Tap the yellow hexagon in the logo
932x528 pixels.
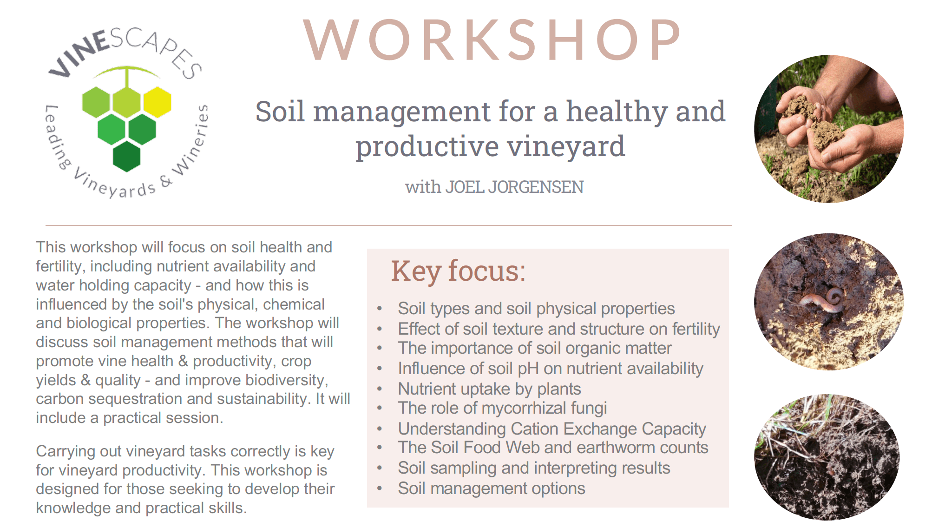[158, 102]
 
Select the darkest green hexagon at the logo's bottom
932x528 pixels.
[127, 156]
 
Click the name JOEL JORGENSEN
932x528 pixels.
[515, 187]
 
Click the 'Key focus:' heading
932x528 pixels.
[458, 271]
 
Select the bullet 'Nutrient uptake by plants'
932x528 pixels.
[490, 389]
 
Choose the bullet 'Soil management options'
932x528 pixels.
[492, 488]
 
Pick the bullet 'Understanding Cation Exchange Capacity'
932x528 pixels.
[552, 429]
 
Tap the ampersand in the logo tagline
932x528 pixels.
[166, 181]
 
